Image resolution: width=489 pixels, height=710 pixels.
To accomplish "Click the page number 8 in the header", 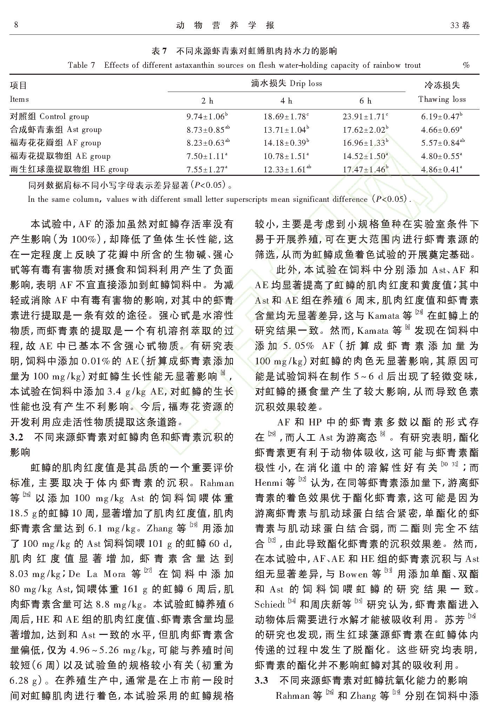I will click(16, 25).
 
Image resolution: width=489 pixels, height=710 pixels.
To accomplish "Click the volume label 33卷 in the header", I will click(460, 25).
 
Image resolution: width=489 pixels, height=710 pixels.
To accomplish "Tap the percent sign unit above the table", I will click(466, 65).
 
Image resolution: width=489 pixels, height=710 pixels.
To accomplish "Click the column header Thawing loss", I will click(442, 99).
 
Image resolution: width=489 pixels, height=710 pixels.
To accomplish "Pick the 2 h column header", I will click(207, 101).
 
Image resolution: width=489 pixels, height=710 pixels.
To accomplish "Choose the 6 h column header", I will click(365, 101).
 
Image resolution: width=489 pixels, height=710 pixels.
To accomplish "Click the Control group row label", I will click(49, 117).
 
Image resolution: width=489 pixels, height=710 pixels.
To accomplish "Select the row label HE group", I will click(69, 169).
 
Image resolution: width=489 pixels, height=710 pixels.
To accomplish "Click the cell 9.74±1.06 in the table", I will click(207, 117).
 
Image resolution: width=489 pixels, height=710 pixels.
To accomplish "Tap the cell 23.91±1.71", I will click(365, 117).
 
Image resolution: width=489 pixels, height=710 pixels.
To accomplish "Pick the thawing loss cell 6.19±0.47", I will click(442, 117).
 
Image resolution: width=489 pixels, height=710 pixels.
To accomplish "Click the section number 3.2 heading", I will click(16, 437).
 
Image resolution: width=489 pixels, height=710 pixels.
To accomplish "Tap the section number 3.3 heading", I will click(261, 681).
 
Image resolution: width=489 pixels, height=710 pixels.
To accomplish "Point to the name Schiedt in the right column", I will click(270, 604).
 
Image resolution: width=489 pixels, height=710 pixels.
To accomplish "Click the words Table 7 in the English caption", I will click(81, 65).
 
